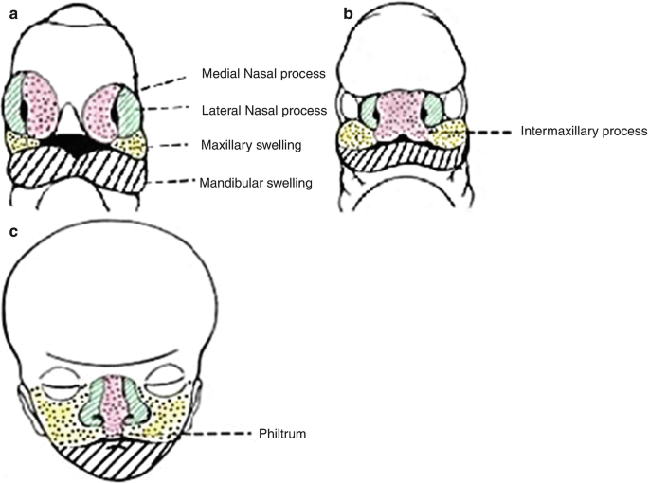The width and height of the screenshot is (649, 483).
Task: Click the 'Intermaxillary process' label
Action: pyautogui.click(x=584, y=132)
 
